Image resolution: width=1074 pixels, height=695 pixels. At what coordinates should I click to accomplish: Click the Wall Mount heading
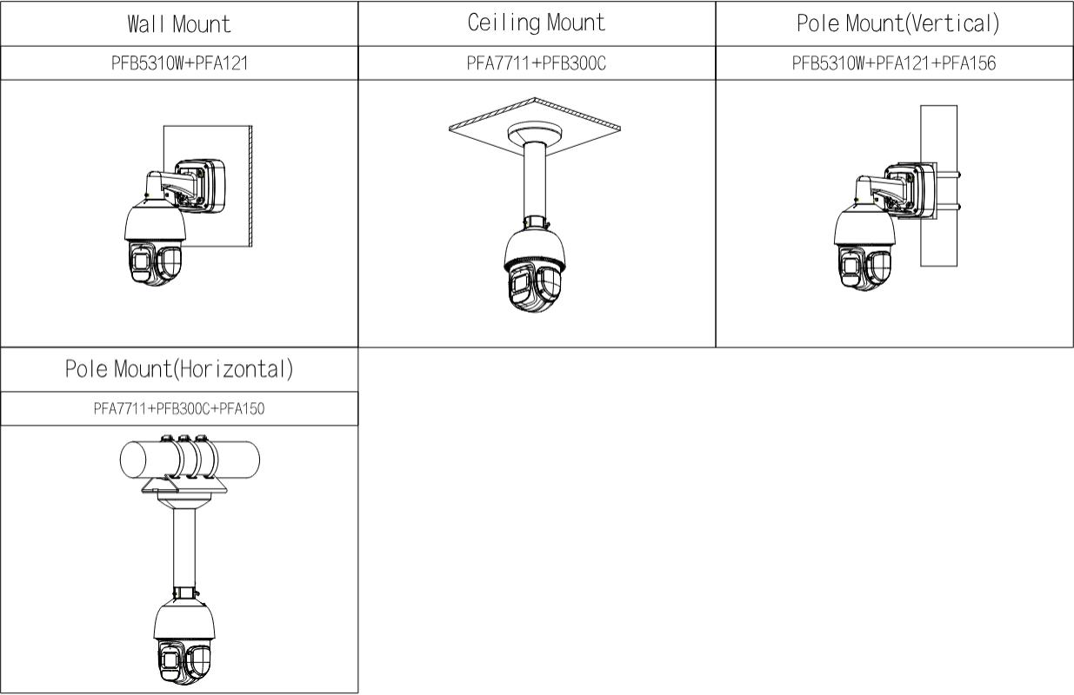(x=179, y=24)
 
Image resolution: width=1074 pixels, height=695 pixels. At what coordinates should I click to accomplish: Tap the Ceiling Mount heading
(x=537, y=23)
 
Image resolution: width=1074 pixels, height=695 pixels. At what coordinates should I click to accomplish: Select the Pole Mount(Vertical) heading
(x=898, y=23)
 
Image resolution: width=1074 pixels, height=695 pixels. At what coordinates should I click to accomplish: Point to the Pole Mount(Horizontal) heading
(x=179, y=369)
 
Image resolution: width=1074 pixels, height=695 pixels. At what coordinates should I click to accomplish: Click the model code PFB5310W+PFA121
(x=179, y=63)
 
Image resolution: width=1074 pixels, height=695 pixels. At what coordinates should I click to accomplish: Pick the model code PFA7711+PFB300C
(x=536, y=63)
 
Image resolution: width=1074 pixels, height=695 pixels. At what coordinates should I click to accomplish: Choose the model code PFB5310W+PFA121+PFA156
(x=894, y=63)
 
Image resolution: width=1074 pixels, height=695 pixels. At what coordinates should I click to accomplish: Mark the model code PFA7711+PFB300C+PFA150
(x=179, y=408)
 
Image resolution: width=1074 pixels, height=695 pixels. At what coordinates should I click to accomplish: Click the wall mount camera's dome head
(x=155, y=244)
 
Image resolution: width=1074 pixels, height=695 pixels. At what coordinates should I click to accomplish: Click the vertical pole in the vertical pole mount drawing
(x=938, y=240)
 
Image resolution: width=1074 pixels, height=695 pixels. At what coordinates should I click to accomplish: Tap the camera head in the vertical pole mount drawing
(x=864, y=249)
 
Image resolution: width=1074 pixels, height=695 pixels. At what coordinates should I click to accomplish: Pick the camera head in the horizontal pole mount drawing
(x=184, y=642)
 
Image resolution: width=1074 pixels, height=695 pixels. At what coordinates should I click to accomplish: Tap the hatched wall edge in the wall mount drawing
(x=250, y=186)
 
